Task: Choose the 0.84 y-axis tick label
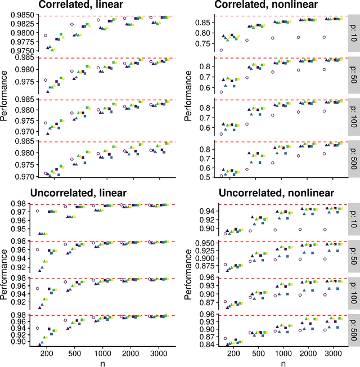pos(202,361)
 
